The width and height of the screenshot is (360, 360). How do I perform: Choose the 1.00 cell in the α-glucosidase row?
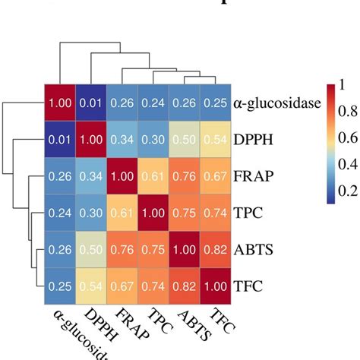pyautogui.click(x=60, y=103)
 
